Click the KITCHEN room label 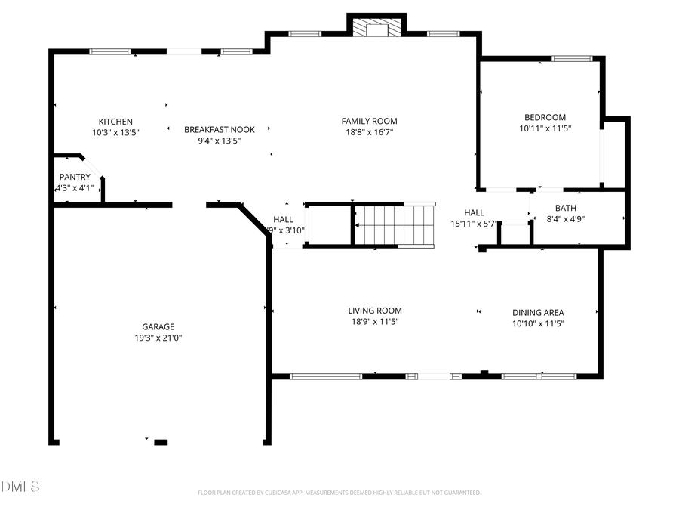[115, 122]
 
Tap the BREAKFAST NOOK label [220, 129]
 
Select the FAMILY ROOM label [369, 121]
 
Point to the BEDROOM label [545, 117]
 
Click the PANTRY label [75, 177]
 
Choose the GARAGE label [158, 327]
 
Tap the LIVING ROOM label [375, 311]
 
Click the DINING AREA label [538, 313]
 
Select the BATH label [565, 208]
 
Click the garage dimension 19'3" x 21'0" [158, 338]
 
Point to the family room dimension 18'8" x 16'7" [369, 132]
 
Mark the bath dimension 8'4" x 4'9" [565, 219]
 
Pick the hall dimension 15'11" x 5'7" [474, 224]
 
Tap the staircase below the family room [395, 225]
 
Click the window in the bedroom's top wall [571, 58]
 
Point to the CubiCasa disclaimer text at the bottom [339, 493]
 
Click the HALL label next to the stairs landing [284, 219]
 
